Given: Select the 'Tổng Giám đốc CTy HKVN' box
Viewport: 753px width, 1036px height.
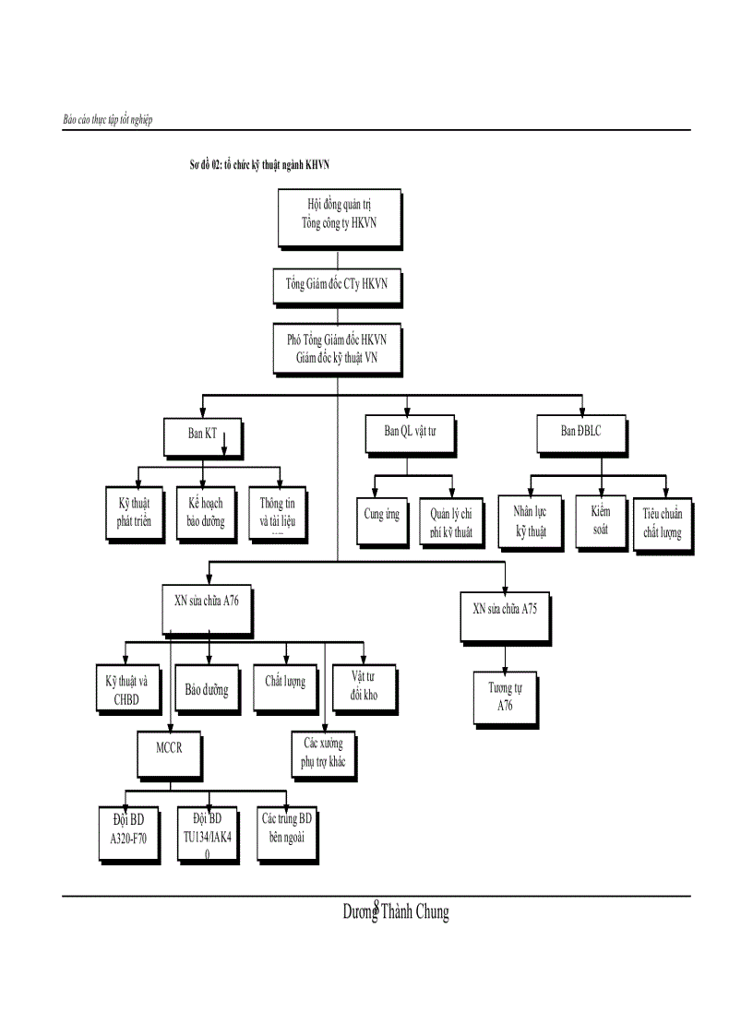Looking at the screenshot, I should (x=338, y=284).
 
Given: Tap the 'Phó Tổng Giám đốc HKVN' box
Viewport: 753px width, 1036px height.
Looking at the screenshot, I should (x=337, y=348).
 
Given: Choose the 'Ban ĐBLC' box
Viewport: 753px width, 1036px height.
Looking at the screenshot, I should (x=581, y=432).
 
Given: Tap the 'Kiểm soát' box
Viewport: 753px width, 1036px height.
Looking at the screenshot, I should (x=601, y=519).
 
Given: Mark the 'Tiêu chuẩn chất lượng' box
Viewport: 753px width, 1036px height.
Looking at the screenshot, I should (x=663, y=523).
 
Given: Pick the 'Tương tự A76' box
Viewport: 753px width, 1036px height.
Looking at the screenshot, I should (x=505, y=697).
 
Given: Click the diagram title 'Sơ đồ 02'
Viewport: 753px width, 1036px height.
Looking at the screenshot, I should (x=259, y=165).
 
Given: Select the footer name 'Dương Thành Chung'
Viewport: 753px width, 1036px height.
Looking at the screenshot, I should (x=396, y=912).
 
